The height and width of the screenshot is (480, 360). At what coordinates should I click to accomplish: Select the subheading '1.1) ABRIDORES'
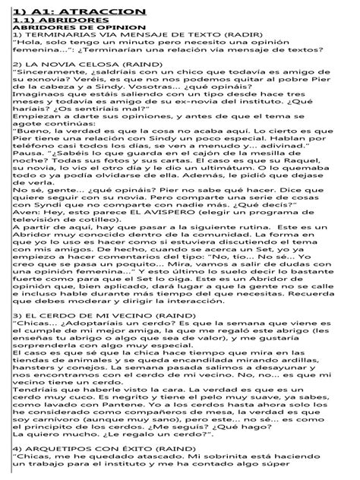53,21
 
